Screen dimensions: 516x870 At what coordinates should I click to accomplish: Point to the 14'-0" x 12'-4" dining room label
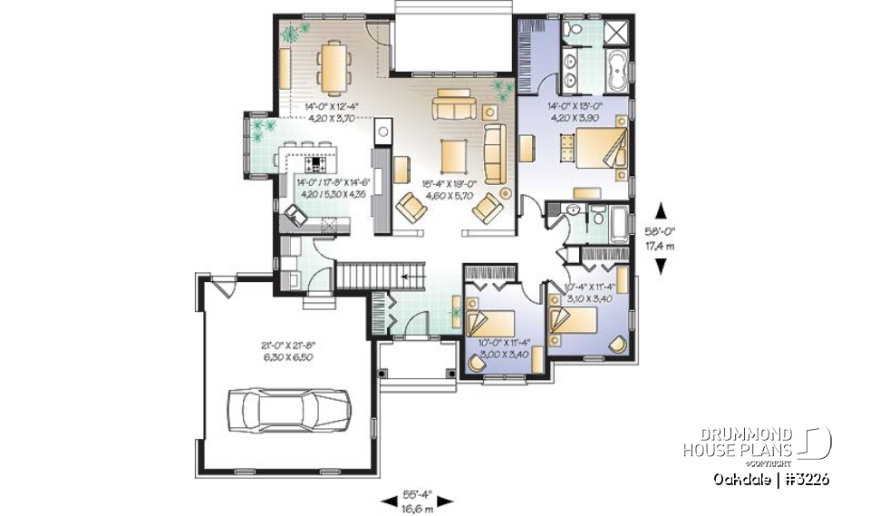pos(320,111)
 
